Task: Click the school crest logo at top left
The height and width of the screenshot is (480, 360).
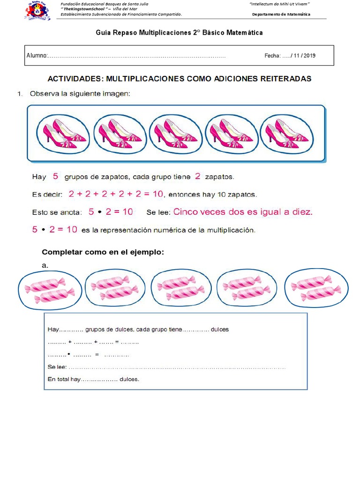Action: [37, 10]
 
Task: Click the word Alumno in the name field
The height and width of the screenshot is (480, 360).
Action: [37, 55]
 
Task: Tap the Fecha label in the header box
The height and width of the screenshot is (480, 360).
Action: [272, 55]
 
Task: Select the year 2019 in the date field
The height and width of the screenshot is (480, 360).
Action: [309, 55]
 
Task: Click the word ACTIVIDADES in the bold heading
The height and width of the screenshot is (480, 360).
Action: [75, 79]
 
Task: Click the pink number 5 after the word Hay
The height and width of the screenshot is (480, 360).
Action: [55, 177]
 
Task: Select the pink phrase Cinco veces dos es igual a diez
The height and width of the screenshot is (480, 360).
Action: [242, 212]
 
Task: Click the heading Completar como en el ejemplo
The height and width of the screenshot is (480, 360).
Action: [103, 252]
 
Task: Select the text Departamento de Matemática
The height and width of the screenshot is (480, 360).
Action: [281, 15]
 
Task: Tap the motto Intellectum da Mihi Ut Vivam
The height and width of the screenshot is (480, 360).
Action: [280, 4]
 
